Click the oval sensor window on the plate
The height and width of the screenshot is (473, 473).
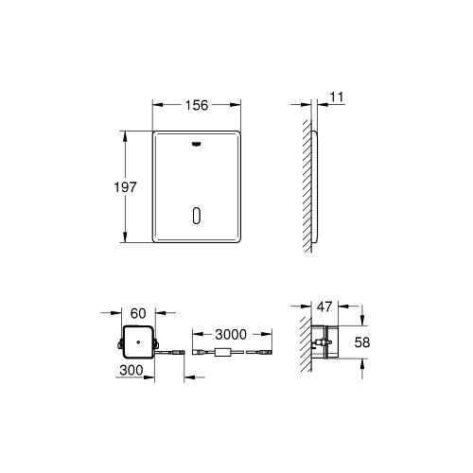click(196, 215)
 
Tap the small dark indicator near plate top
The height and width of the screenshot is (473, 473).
click(196, 145)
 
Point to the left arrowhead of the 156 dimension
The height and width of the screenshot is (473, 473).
click(157, 106)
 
